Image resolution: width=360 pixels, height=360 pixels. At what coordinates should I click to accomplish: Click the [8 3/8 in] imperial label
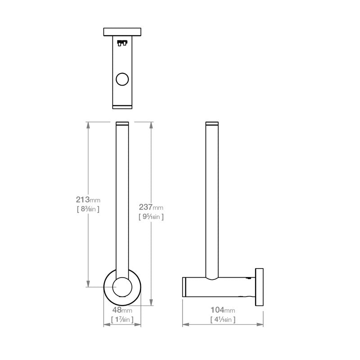[88, 209]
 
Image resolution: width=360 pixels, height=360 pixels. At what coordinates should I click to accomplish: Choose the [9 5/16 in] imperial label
[151, 216]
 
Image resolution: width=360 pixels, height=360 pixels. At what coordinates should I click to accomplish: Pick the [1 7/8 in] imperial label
[122, 319]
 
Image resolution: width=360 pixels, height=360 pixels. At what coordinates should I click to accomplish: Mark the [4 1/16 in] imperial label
[223, 319]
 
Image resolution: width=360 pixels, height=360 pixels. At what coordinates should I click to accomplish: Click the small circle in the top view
[122, 80]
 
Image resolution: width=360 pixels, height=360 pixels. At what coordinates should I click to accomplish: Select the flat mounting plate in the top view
[122, 31]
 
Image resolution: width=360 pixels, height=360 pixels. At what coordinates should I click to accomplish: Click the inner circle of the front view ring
[122, 287]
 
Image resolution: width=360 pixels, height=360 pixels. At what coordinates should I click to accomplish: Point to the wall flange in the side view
[260, 287]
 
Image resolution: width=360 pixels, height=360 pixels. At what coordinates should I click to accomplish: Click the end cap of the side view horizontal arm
[184, 287]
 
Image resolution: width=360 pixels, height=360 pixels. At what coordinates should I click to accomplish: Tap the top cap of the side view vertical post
[212, 123]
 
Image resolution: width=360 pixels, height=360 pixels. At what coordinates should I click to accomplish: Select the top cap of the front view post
[122, 123]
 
